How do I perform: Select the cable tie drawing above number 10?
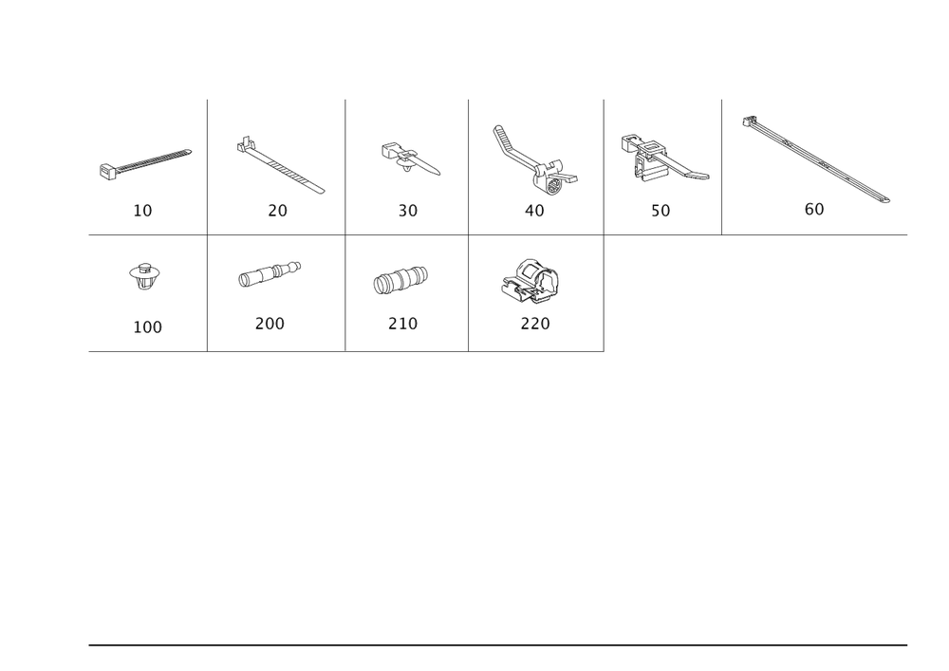coord(146,162)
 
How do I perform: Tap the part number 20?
coord(277,211)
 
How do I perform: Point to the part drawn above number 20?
coord(282,166)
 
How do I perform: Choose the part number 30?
coord(408,211)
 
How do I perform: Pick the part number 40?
coord(535,211)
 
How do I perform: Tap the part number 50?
coord(661,211)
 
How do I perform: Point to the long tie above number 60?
coord(816,158)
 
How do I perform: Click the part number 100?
coord(148,327)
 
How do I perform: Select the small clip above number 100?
coord(145,276)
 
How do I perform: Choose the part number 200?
coord(270,324)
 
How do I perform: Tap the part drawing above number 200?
coord(270,273)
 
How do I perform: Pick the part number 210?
coord(402,324)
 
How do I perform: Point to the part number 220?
coord(534,324)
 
